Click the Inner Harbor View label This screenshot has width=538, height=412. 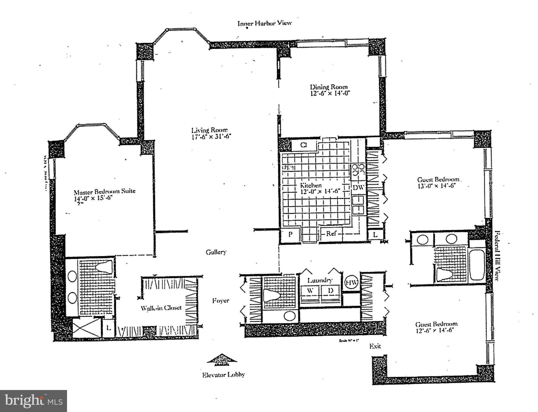coord(264,23)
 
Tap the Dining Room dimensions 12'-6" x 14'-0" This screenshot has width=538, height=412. coord(330,94)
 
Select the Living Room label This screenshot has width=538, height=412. coord(209,130)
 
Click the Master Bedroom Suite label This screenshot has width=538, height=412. coord(105,192)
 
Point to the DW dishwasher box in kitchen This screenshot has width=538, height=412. coord(358,187)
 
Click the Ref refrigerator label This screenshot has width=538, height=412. coord(331,233)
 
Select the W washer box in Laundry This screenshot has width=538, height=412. coord(310,290)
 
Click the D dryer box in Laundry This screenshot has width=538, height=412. coord(331,290)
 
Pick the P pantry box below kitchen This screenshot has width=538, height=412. coord(290,234)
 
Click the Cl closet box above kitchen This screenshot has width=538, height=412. coord(303,145)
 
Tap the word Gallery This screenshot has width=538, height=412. coord(216,252)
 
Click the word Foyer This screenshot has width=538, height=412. coord(221,301)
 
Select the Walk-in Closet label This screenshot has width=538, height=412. coord(161,308)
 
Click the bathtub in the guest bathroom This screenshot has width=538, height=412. coord(477,264)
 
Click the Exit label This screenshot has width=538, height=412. coord(375,346)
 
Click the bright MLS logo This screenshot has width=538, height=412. coord(34,401)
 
